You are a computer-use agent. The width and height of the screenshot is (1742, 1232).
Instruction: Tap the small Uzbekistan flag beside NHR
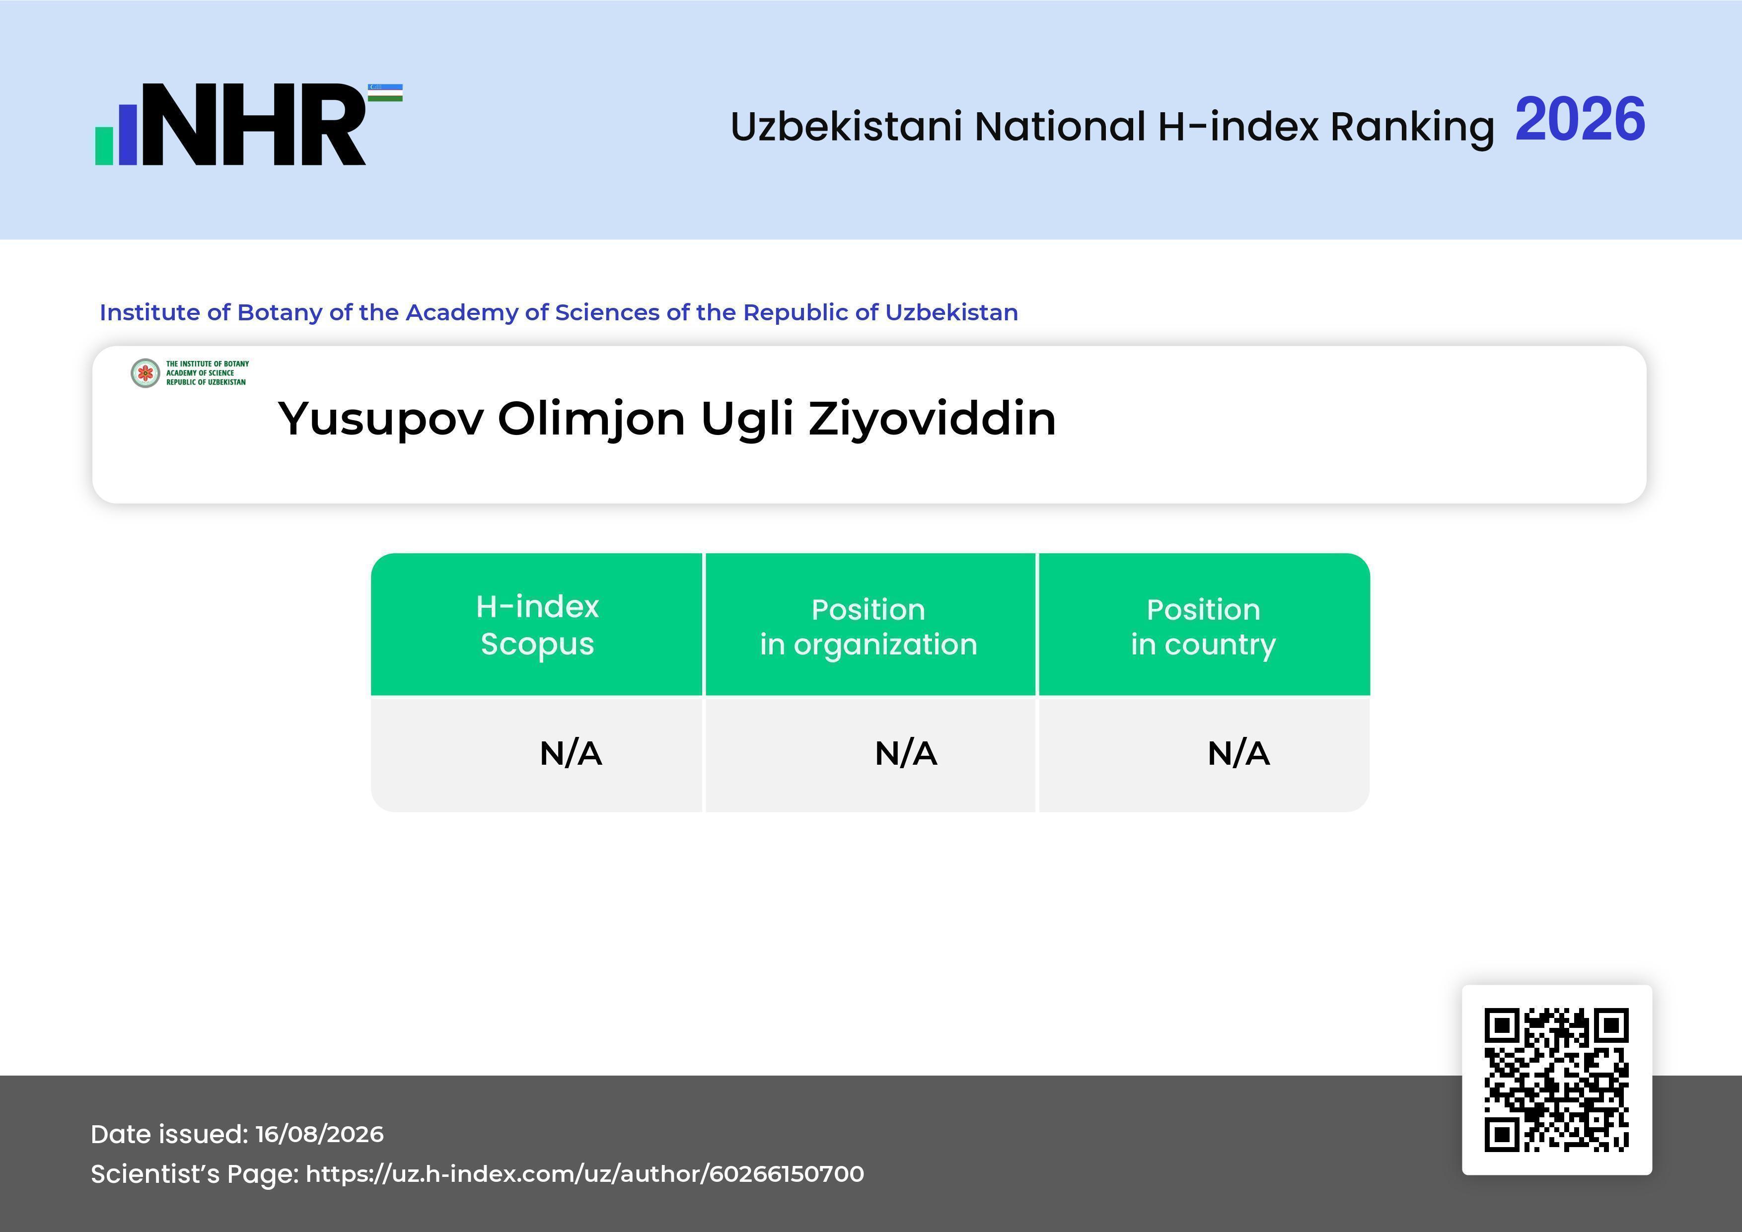point(385,92)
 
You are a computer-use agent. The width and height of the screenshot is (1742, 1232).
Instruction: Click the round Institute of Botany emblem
point(145,373)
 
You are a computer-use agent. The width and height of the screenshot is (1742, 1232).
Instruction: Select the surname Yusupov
point(381,420)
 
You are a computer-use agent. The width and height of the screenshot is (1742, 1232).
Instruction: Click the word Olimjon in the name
point(592,420)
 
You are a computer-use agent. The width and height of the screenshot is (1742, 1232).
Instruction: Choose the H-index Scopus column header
point(537,625)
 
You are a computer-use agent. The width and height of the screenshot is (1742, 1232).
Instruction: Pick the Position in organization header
point(869,627)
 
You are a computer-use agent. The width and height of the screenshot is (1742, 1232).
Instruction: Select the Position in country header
point(1203,627)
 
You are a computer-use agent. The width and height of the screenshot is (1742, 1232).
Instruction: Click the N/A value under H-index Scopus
point(571,753)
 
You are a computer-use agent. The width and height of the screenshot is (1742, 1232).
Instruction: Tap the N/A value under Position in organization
point(906,753)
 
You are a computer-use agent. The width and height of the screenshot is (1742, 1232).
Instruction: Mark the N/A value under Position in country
point(1238,753)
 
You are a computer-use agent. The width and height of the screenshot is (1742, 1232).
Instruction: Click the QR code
point(1557,1080)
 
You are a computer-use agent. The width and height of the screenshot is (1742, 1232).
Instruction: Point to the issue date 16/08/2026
point(319,1134)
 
